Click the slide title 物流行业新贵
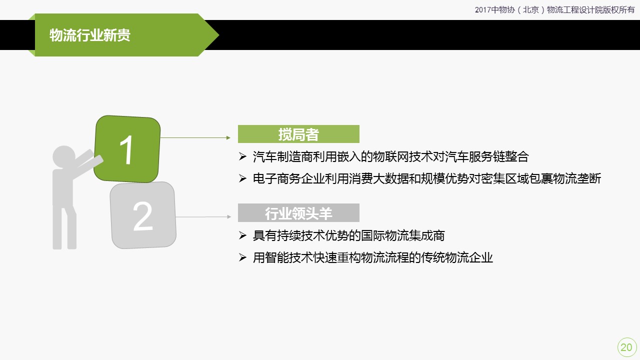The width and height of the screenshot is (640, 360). tap(89, 35)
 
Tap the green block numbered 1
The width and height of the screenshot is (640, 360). tap(127, 149)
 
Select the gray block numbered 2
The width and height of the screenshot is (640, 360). tap(143, 215)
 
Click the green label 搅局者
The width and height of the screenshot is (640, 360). tap(298, 134)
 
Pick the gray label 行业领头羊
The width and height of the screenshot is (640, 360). tap(298, 213)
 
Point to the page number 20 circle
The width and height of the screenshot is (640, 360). tap(626, 347)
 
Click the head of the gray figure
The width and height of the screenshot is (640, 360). tap(64, 156)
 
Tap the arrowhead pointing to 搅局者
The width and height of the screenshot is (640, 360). tap(228, 137)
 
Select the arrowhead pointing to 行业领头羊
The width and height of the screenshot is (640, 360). tap(229, 217)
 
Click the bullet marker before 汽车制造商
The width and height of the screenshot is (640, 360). tap(242, 156)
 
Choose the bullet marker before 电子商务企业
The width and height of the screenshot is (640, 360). tap(242, 178)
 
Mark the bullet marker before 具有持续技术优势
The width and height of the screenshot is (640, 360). tap(242, 235)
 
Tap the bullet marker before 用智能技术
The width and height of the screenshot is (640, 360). tap(242, 257)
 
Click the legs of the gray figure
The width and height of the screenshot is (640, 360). tap(64, 227)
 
